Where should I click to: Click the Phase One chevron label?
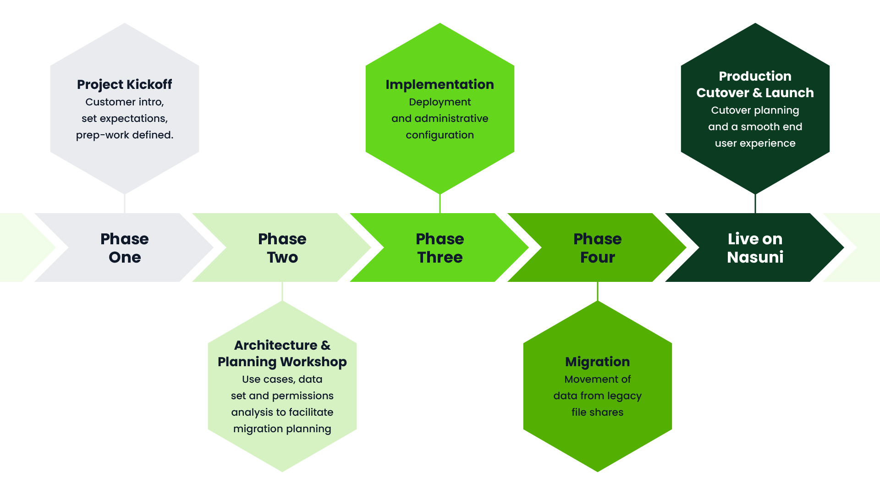125,248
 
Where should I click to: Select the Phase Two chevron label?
282,248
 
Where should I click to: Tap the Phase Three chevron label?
440,248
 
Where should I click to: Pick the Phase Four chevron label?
598,248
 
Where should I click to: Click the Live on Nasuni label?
755,248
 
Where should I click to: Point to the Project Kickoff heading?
125,84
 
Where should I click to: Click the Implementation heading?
440,84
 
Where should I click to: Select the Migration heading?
598,362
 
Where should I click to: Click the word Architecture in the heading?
275,345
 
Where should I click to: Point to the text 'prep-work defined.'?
125,135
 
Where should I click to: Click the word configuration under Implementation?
440,135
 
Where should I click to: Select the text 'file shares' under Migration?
598,412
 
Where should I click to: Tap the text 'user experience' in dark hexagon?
755,143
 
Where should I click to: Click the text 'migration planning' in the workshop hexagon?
282,429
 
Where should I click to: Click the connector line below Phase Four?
598,291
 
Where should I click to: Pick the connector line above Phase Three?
440,203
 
